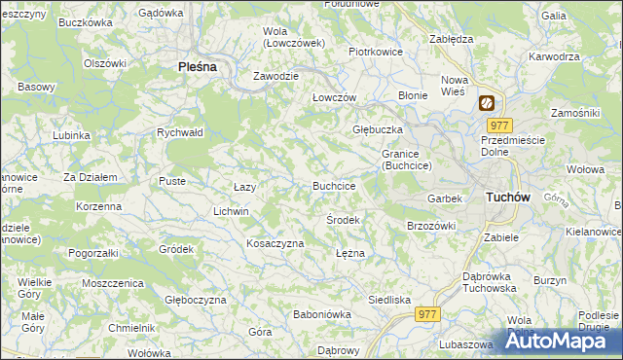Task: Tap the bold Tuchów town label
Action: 507,197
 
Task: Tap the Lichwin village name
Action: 231,211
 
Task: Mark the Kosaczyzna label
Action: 275,243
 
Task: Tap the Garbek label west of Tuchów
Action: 444,198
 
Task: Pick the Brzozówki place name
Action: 431,225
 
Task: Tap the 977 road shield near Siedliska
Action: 427,314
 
